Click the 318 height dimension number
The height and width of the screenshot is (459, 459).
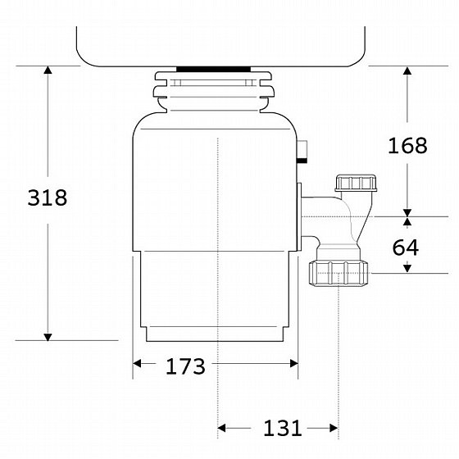(x=48, y=198)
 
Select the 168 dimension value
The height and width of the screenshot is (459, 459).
(x=407, y=146)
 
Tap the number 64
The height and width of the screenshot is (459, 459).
(x=406, y=248)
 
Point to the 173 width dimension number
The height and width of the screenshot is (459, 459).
(x=185, y=366)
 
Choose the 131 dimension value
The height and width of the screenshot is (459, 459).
(x=283, y=428)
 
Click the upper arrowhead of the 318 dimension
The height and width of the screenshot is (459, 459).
(x=48, y=70)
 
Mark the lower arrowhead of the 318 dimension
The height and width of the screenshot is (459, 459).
(x=48, y=337)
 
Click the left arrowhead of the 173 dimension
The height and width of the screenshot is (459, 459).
(x=137, y=364)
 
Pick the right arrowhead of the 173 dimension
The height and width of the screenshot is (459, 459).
(x=294, y=364)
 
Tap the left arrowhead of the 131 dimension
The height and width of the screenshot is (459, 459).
(x=222, y=428)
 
